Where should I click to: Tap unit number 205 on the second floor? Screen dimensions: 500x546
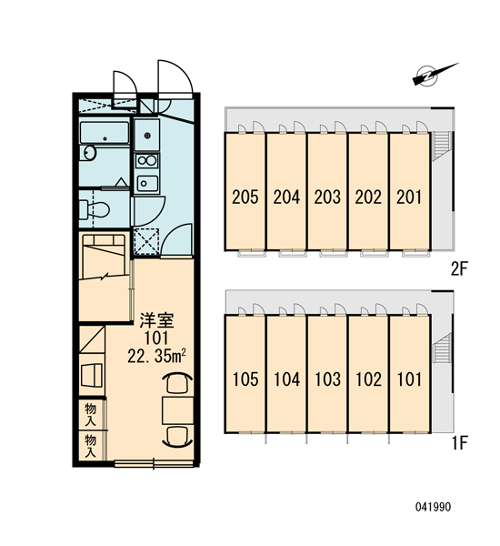pos(245,197)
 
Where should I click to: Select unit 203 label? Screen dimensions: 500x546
pos(327,197)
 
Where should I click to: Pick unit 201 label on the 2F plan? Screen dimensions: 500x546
pos(409,197)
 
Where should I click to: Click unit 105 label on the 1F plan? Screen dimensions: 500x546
pos(245,379)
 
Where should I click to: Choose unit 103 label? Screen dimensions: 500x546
pos(327,379)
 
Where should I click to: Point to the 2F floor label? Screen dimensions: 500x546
pos(460,269)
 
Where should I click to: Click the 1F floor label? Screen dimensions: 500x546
pos(460,443)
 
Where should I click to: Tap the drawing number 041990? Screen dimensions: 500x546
pos(434,507)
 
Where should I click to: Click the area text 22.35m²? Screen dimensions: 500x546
pos(156,356)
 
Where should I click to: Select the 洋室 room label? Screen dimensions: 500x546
pos(156,320)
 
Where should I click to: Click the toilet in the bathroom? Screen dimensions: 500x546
pos(95,209)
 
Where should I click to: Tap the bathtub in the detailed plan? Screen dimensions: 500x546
pos(105,133)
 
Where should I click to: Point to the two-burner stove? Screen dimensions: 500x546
pos(147,161)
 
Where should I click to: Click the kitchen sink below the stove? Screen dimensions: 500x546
pos(147,183)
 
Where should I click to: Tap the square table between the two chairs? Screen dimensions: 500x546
pos(178,410)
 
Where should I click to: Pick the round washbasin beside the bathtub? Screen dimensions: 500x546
pos(90,153)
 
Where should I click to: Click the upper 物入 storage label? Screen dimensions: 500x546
pos(91,415)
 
